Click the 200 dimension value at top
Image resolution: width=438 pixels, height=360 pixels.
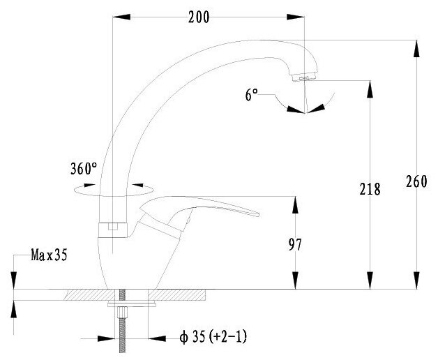pos(199,17)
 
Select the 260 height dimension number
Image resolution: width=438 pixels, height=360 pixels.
pos(416,181)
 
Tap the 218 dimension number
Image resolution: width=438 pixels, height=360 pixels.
pos(370,189)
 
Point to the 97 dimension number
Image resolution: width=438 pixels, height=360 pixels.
pos(295,245)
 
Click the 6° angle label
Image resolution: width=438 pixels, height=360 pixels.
pos(251,94)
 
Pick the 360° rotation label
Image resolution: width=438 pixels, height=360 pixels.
pos(84,169)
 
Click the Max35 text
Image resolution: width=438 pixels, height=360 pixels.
pos(49,255)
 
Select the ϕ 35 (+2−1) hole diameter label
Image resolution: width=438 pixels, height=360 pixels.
pos(213,337)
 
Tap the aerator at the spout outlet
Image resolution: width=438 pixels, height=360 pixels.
pos(304,77)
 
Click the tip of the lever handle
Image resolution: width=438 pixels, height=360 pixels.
pos(258,215)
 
